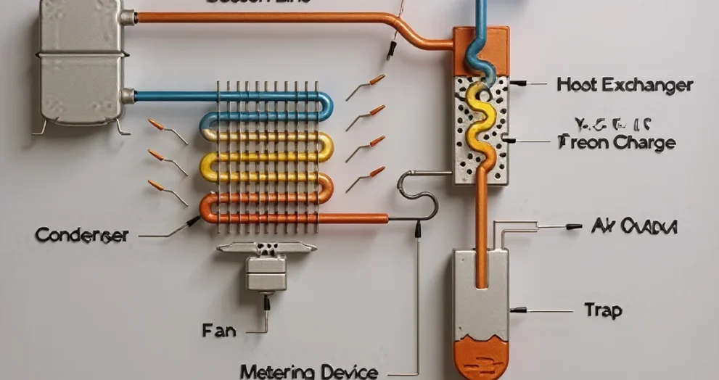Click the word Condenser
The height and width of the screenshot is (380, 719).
click(x=81, y=235)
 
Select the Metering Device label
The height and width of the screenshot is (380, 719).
click(x=308, y=372)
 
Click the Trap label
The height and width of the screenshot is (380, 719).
click(x=603, y=310)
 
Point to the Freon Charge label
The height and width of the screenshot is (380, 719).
click(x=617, y=142)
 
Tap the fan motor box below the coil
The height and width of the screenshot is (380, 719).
click(x=266, y=274)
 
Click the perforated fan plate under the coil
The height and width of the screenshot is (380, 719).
click(x=266, y=248)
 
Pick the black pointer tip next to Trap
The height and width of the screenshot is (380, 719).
click(x=516, y=310)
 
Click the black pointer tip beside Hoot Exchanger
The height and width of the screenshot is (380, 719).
click(x=516, y=84)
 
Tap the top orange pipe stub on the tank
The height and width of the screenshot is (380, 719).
click(x=131, y=16)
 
